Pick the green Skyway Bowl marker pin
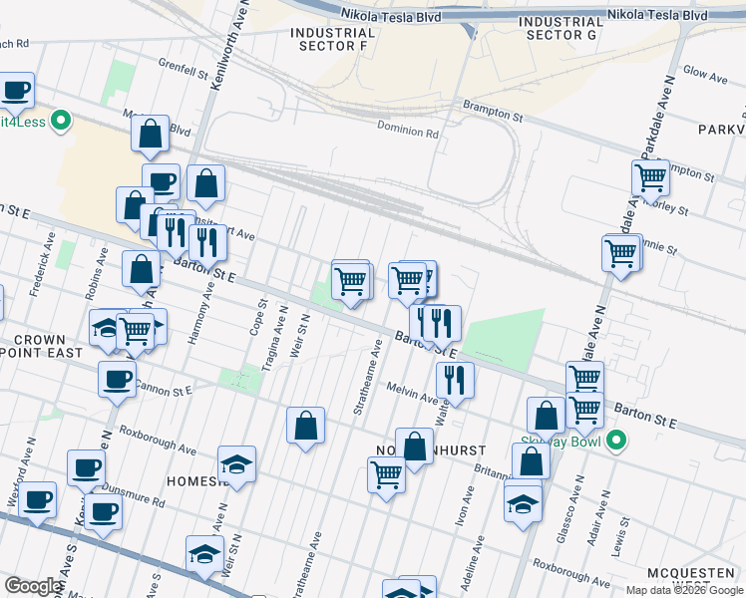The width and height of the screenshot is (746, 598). (616, 439)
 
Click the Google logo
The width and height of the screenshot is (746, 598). (34, 586)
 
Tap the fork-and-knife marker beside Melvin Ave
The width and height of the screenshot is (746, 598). (454, 380)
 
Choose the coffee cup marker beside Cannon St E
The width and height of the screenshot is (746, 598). (118, 379)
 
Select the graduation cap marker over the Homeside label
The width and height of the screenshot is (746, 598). (236, 463)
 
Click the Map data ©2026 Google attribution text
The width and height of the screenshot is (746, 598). (684, 590)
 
